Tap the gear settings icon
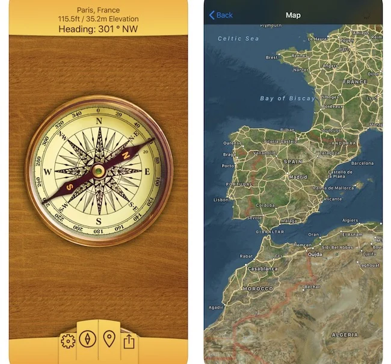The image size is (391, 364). point(67,341)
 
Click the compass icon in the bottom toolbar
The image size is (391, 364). point(88,339)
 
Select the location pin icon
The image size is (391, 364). point(109,339)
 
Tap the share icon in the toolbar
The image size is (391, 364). point(129,341)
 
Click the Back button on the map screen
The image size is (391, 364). point(221,15)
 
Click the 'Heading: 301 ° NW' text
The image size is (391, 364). point(98,28)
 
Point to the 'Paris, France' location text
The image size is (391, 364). point(98,10)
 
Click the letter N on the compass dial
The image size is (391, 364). point(99,120)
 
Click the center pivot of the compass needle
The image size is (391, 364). point(99,171)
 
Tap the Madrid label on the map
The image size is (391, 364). point(297,177)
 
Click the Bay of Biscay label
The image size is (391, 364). point(287,98)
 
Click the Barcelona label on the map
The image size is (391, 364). point(362,163)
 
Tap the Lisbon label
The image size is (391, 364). point(220,199)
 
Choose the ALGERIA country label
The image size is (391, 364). point(346,334)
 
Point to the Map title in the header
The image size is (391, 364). point(293,15)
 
